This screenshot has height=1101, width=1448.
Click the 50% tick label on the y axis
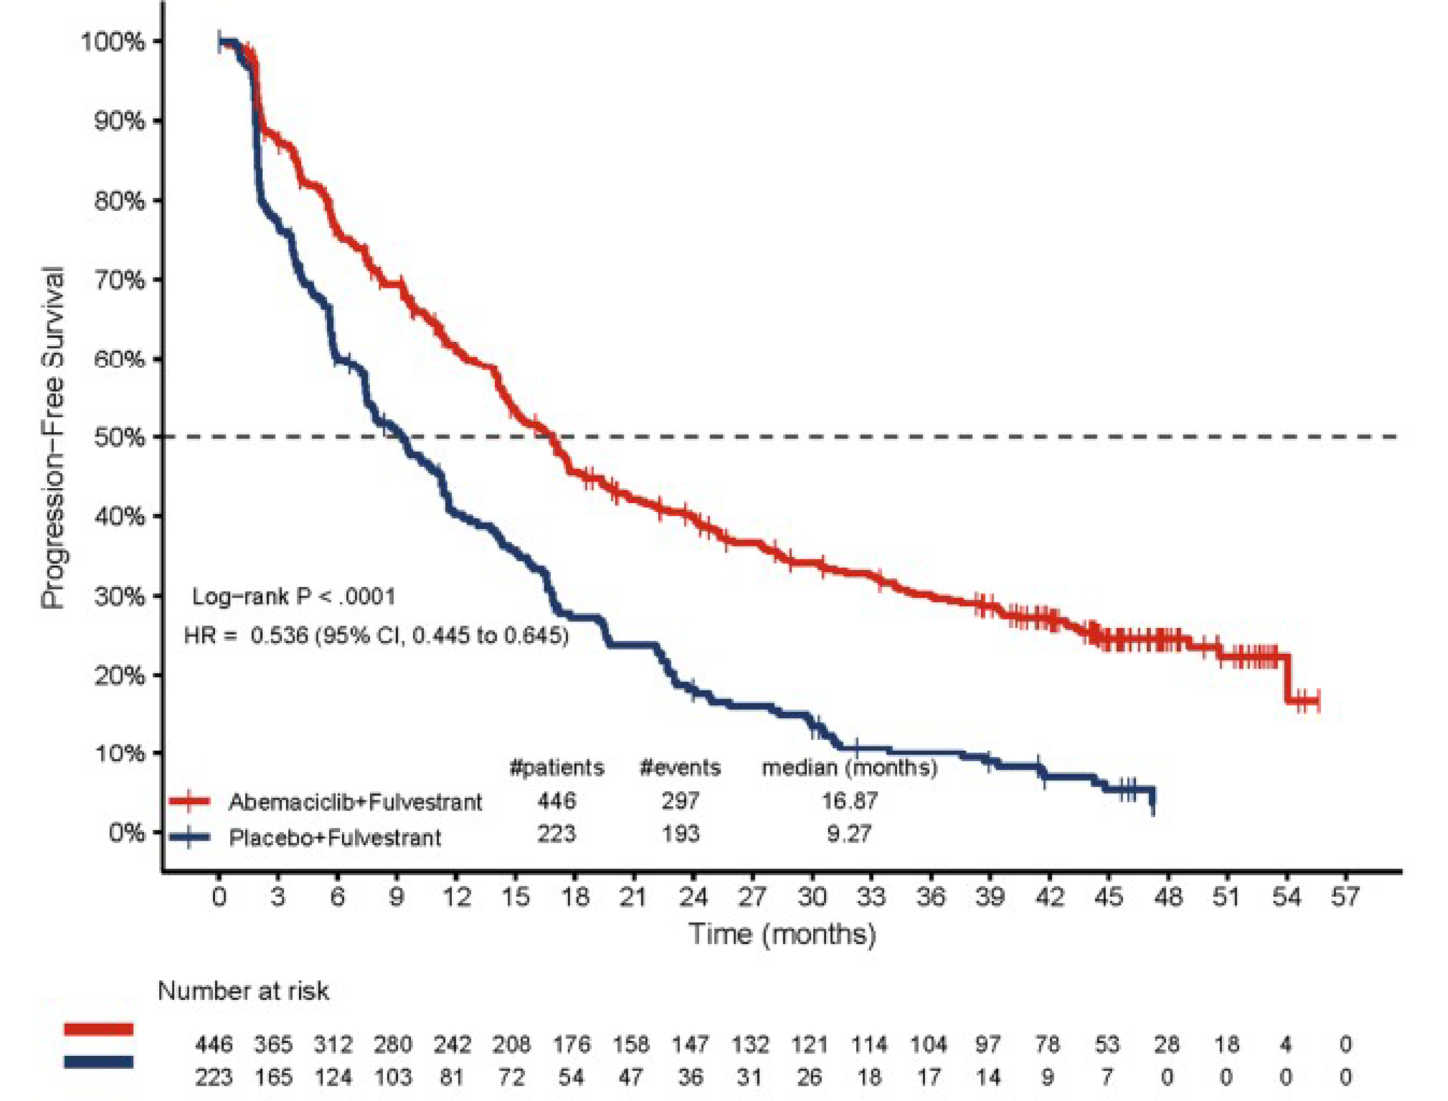coord(119,437)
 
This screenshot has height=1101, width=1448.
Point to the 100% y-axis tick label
coord(113,42)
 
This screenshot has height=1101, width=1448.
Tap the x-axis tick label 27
coord(752,896)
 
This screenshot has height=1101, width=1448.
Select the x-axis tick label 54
coord(1286,896)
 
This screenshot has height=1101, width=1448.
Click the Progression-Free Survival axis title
coord(54,437)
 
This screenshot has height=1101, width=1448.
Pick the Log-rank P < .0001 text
coord(293,596)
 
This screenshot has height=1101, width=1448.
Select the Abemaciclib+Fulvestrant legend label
coord(355,801)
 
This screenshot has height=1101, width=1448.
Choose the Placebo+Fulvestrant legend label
coord(335,837)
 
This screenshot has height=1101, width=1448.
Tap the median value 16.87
coord(849,800)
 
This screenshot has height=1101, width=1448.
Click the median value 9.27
coord(849,834)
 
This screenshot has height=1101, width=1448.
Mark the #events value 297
coord(681,800)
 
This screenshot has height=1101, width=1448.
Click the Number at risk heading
coord(243,991)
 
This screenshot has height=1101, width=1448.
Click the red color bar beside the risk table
coord(98,1030)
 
